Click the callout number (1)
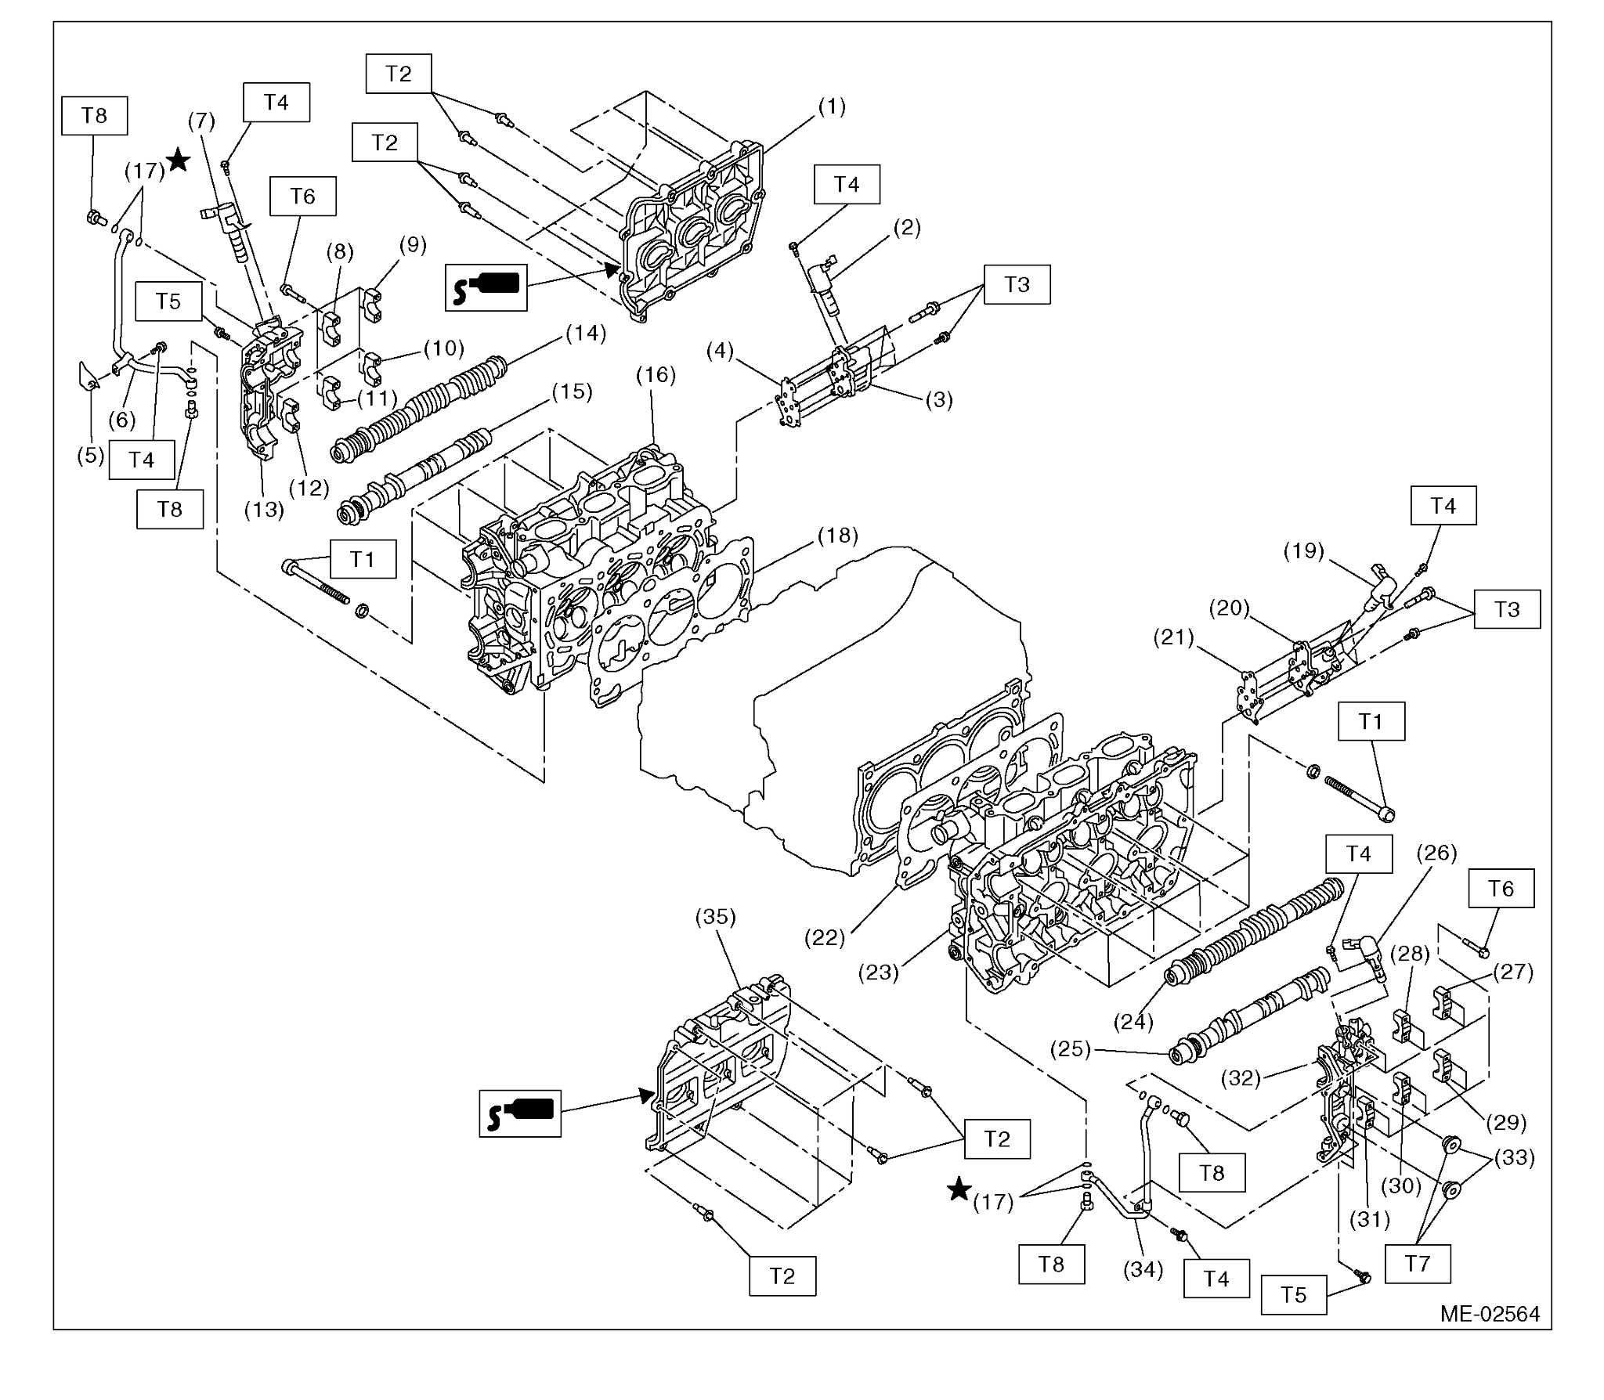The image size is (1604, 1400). coord(831,106)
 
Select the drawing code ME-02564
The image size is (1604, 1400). coord(1490,1313)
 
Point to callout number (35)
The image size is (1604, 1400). coord(715,917)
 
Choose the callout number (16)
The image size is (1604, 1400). coord(656,375)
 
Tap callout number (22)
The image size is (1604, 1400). coord(825,937)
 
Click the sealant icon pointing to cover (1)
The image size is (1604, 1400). coord(486,287)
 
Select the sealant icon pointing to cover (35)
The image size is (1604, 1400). coord(520,1113)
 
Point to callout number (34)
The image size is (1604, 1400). coord(1143,1269)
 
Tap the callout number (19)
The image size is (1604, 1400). coord(1304,551)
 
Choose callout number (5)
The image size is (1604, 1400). coord(90,455)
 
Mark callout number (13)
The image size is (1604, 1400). coord(263,510)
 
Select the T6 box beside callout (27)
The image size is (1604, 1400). coord(1501,889)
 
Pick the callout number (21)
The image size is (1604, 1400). coord(1173,638)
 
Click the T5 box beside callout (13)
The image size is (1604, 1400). coord(168,301)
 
